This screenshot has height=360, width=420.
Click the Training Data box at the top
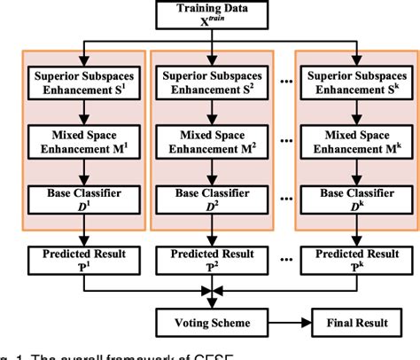point(206,14)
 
